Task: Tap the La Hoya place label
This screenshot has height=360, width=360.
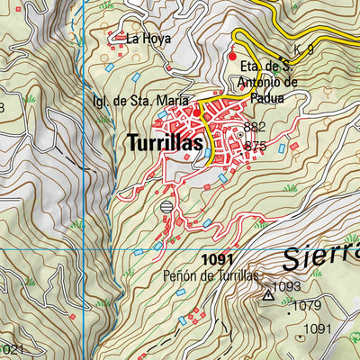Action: [x=148, y=39]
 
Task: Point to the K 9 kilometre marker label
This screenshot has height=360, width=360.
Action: [x=303, y=50]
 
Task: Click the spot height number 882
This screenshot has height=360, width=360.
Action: [x=255, y=128]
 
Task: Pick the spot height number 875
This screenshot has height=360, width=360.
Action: [x=255, y=145]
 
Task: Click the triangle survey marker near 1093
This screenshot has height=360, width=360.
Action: [x=267, y=294]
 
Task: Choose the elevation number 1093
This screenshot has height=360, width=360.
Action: [x=286, y=287]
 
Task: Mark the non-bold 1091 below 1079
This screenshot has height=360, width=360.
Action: [x=318, y=329]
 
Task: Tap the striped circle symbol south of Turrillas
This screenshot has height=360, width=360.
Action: [x=166, y=207]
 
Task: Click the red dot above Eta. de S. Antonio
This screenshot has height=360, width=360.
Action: [x=232, y=56]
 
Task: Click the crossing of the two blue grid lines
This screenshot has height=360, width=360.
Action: [x=84, y=248]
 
